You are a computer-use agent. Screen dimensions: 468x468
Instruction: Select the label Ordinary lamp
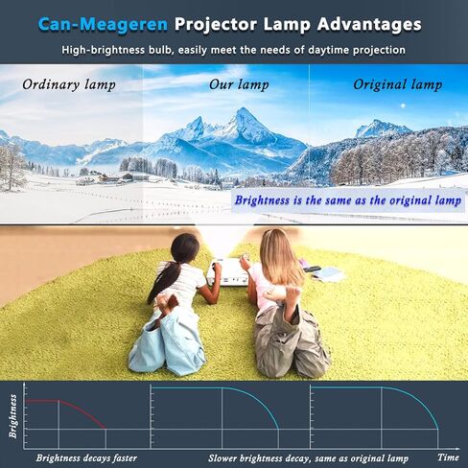pos(69,84)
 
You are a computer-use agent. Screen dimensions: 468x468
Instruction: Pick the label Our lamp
pos(234,84)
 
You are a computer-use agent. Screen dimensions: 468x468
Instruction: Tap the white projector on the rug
pos(226,274)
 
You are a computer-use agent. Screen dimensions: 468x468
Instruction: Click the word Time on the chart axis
pos(448,457)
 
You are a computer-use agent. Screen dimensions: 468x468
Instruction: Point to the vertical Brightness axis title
pos(13,414)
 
